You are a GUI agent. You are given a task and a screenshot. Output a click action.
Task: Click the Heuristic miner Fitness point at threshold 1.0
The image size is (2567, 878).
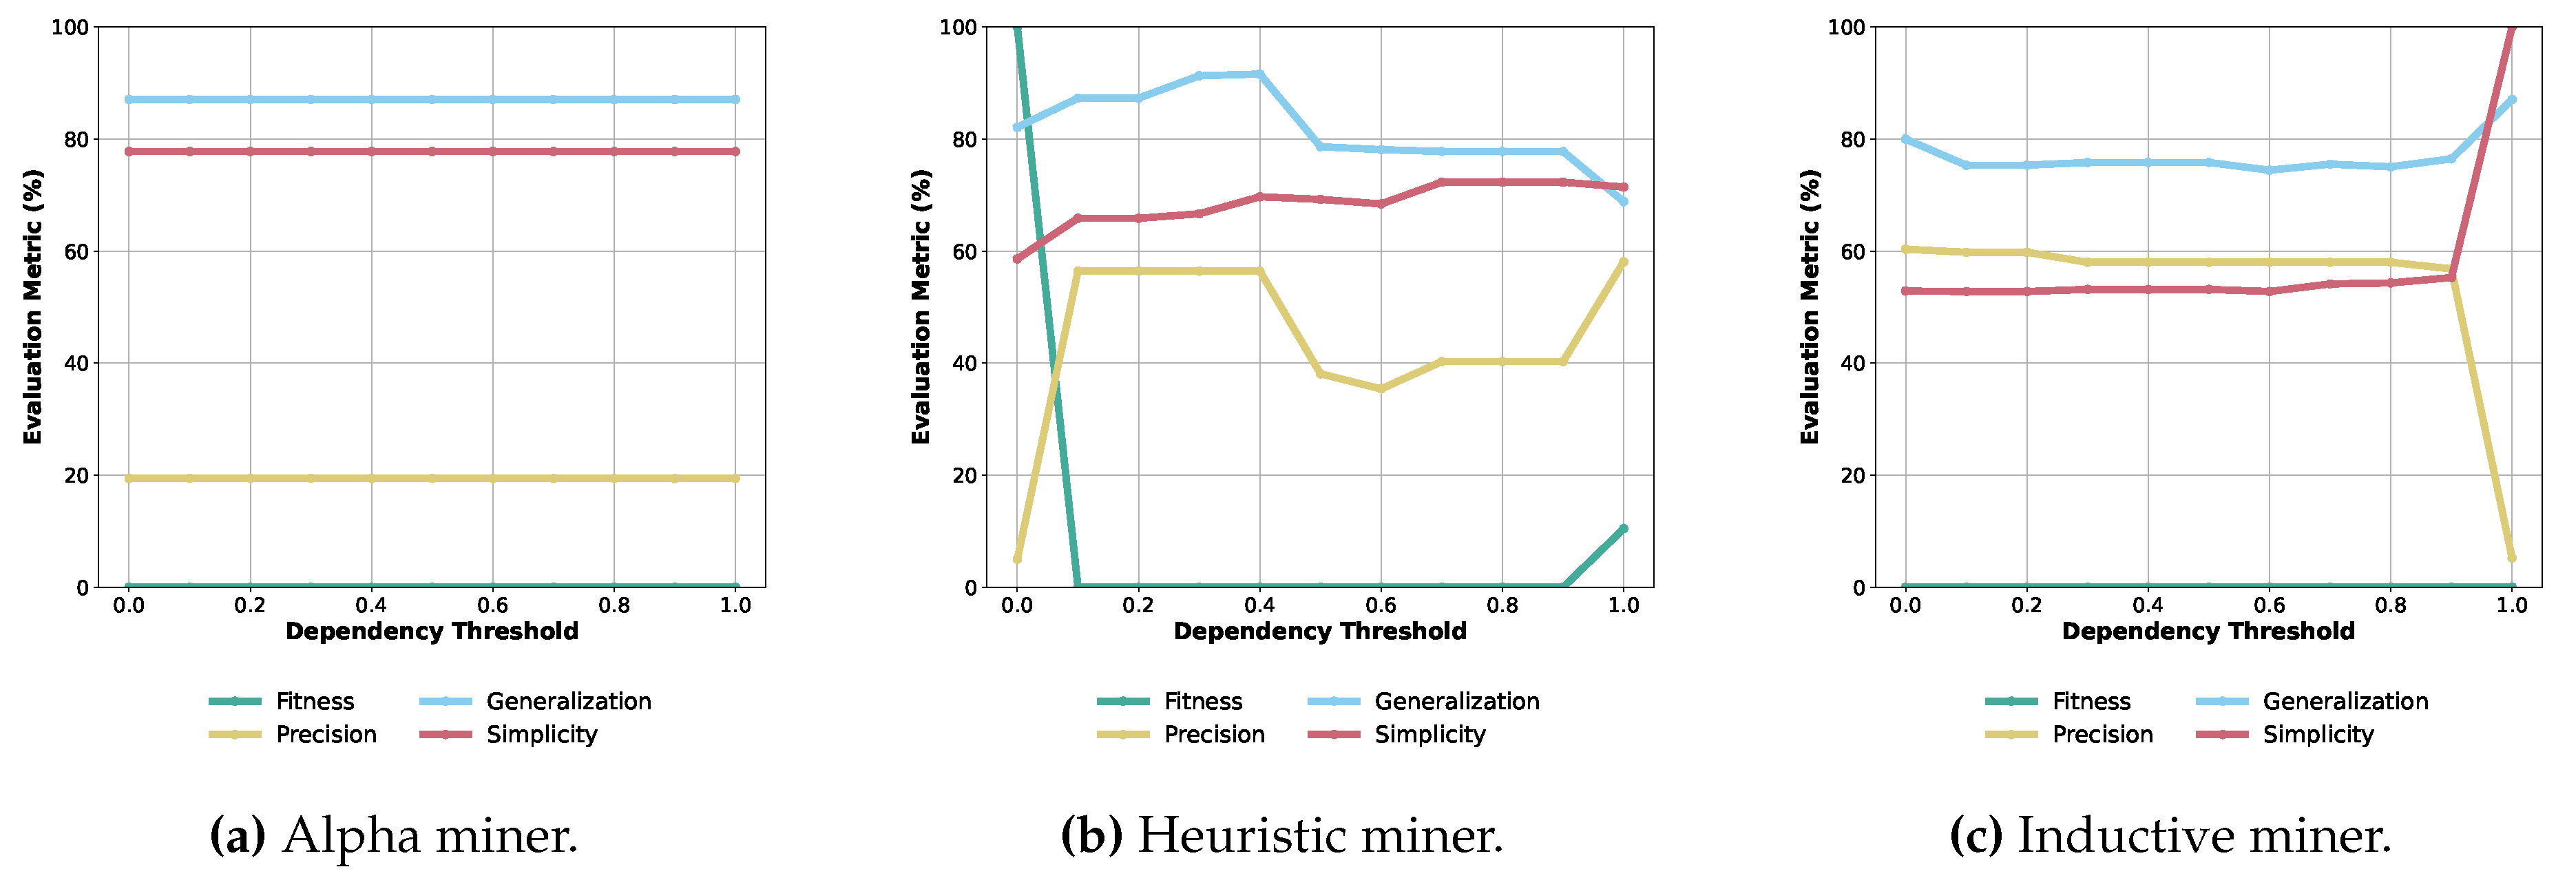tap(1623, 528)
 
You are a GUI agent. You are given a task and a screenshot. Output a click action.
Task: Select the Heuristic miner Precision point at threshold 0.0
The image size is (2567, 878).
tap(1016, 558)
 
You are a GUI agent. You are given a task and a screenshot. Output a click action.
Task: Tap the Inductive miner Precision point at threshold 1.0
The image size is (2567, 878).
tap(2511, 557)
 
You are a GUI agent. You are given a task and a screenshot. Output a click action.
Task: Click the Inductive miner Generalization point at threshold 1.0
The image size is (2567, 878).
tap(2511, 100)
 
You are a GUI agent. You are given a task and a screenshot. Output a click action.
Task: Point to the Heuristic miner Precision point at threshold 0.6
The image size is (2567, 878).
tap(1380, 388)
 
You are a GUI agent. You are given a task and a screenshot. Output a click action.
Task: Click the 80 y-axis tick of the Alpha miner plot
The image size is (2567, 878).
tap(76, 140)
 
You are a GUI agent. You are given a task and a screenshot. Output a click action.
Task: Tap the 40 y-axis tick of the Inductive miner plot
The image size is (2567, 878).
tap(1852, 364)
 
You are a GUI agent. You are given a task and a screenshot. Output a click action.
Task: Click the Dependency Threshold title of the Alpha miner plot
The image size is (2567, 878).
tap(432, 631)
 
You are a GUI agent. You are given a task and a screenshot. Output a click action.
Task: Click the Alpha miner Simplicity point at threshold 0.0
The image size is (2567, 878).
tap(129, 151)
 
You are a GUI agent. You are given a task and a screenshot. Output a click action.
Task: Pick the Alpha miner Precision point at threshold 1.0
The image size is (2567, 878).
tap(735, 479)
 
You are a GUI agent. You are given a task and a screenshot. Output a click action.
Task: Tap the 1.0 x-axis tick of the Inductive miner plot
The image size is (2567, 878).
tap(2511, 605)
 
